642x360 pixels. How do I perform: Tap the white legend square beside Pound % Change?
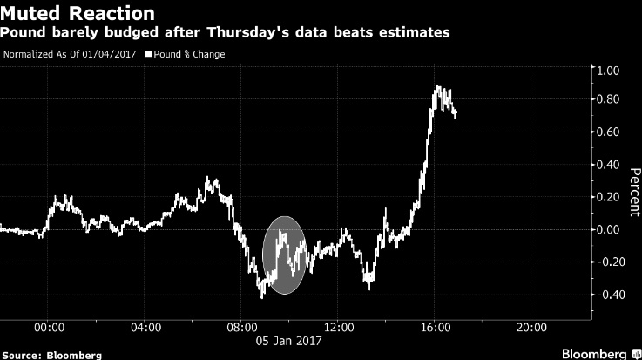click(147, 54)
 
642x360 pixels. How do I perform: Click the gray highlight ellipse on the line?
click(284, 254)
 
